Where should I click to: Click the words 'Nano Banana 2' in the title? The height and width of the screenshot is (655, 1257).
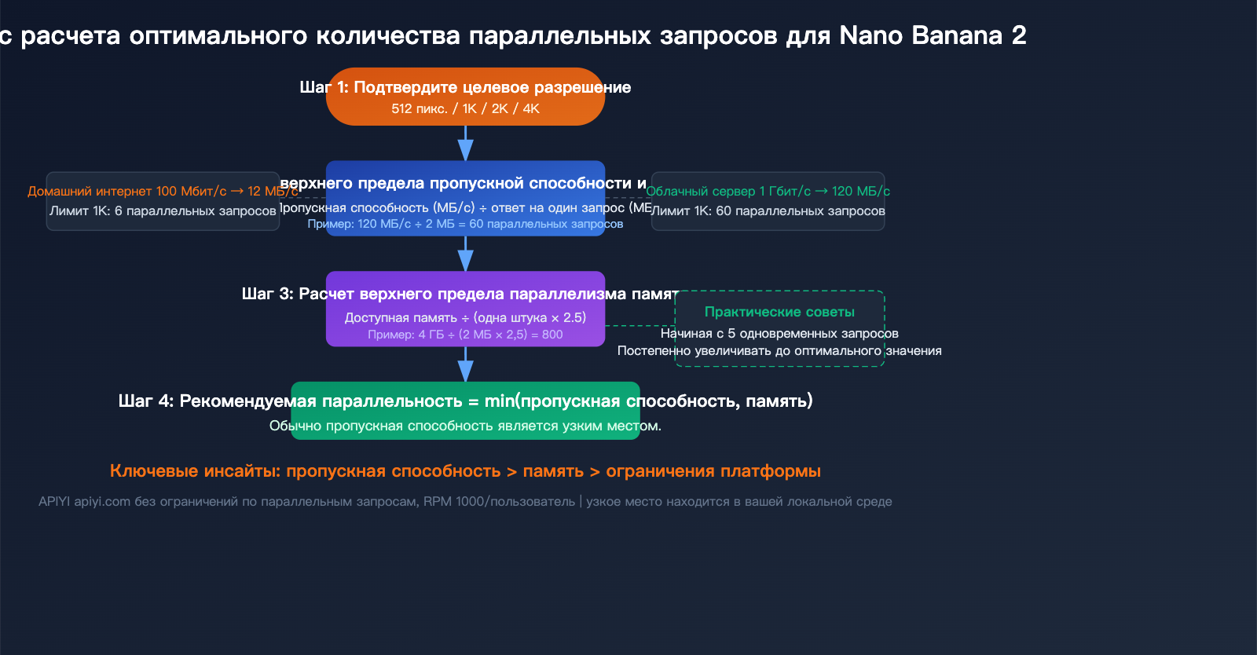[932, 35]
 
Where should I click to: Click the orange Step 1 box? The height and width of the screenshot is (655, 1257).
[465, 97]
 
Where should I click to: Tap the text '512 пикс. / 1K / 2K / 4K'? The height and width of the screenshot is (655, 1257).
[465, 108]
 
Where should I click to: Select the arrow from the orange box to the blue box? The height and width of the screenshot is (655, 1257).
[465, 143]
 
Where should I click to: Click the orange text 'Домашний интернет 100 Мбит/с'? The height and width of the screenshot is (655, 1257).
[127, 191]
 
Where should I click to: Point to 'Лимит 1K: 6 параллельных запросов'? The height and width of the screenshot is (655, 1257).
[163, 210]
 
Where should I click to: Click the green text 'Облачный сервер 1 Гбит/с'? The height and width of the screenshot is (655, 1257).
[728, 191]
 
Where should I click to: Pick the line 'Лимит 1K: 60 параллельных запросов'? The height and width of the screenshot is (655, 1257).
[768, 210]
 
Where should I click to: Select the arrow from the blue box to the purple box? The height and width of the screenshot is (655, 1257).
[465, 254]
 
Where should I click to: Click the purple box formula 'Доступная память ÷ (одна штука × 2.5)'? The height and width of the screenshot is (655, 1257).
[465, 317]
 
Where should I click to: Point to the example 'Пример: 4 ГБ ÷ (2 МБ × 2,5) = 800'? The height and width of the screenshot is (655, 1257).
[465, 335]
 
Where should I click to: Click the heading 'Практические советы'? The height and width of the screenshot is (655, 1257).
[779, 312]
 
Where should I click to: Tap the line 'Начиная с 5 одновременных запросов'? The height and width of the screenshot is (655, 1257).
[779, 333]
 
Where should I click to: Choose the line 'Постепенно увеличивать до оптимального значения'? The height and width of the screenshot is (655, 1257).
[779, 350]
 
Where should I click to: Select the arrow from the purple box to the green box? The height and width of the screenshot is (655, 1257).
[465, 364]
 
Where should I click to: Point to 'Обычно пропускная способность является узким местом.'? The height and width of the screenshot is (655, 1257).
[465, 426]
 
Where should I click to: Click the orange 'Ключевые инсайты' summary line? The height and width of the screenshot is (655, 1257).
[465, 470]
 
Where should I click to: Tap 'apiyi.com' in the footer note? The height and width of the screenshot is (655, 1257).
[102, 501]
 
